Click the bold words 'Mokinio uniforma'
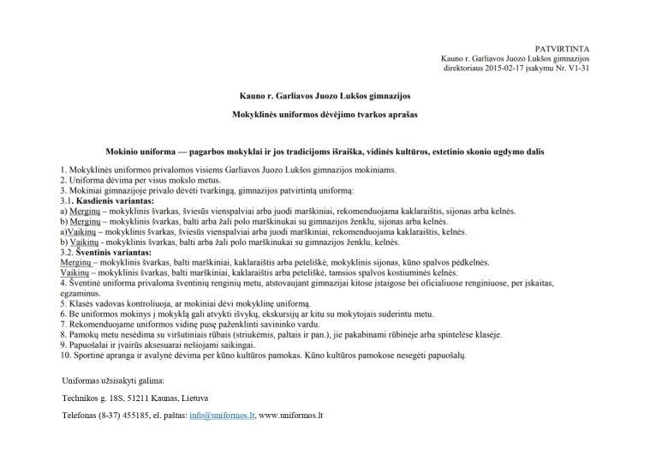coord(145,152)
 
